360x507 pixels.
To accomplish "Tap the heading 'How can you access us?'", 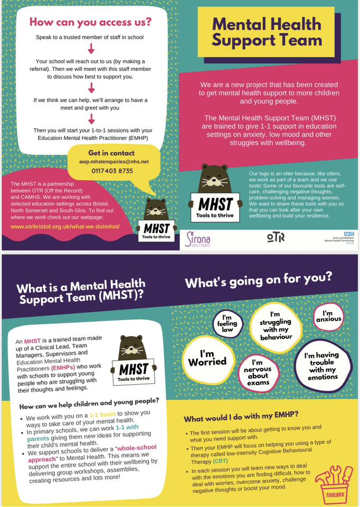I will click(90, 22).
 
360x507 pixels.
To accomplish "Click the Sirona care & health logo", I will click(198, 239).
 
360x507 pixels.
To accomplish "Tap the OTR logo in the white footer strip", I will click(276, 237).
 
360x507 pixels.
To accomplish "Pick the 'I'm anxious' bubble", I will click(328, 317).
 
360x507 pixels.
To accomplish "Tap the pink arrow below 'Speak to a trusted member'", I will click(90, 49).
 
